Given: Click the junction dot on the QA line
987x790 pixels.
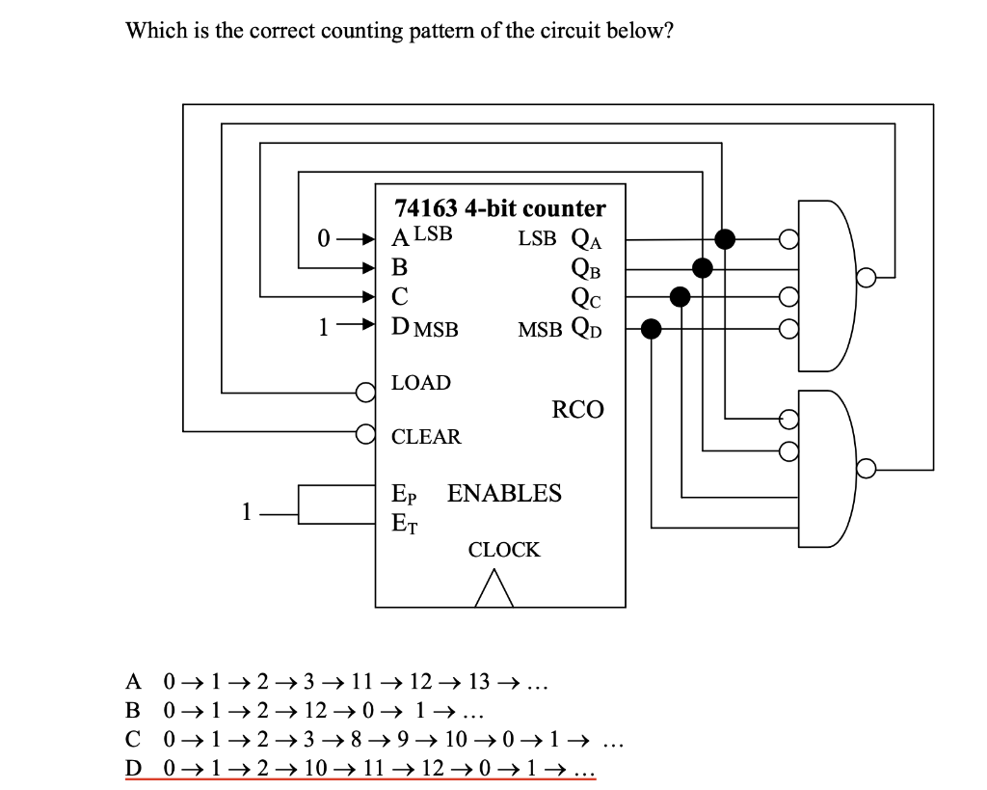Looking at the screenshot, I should click(726, 238).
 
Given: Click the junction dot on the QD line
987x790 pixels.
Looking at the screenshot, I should click(652, 330).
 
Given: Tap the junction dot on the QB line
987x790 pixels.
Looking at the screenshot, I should click(703, 267).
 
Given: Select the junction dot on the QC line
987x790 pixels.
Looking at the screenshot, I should click(680, 297).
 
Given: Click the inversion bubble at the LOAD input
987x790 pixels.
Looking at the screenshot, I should click(365, 392).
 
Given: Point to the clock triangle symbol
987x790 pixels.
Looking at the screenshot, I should click(493, 587).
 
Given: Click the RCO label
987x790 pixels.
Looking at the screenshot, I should click(577, 410).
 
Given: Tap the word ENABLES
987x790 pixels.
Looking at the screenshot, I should click(504, 494).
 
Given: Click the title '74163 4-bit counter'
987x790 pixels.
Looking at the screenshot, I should click(500, 208).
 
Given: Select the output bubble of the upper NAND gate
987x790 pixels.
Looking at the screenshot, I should click(867, 278).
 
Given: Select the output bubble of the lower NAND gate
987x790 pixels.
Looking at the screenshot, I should click(867, 470).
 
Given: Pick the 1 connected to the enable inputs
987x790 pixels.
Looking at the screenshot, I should click(248, 512).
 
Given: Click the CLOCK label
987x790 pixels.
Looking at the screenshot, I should click(504, 550).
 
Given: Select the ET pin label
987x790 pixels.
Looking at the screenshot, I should click(404, 524).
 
